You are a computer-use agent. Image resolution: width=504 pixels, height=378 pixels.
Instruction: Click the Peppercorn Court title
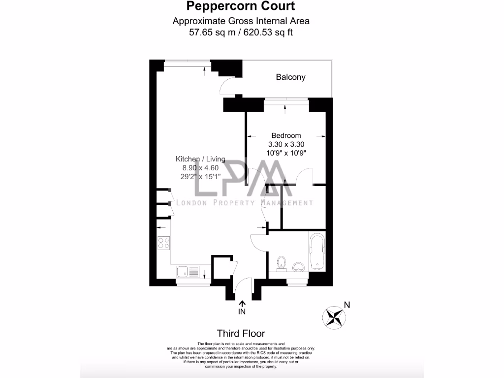pyautogui.click(x=241, y=6)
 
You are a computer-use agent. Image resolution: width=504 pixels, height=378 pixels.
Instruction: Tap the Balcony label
pyautogui.click(x=290, y=77)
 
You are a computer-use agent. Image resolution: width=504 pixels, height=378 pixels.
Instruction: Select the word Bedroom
pyautogui.click(x=286, y=135)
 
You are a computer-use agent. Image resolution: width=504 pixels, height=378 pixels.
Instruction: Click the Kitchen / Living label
pyautogui.click(x=200, y=159)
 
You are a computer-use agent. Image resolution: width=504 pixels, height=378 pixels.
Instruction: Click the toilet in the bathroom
pyautogui.click(x=282, y=263)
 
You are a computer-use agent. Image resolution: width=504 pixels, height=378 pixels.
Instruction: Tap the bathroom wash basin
pyautogui.click(x=298, y=267)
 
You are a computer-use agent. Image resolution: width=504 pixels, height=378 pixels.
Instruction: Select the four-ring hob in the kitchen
pyautogui.click(x=163, y=242)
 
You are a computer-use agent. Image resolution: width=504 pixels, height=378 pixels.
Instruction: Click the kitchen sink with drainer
pyautogui.click(x=188, y=271)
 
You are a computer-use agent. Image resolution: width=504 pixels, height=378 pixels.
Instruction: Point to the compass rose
pyautogui.click(x=333, y=315)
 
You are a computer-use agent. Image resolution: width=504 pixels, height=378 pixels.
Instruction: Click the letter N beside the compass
pyautogui.click(x=347, y=305)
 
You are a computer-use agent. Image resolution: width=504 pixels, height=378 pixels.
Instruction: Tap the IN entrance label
pyautogui.click(x=242, y=312)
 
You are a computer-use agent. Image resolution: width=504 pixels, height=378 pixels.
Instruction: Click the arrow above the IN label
pyautogui.click(x=242, y=304)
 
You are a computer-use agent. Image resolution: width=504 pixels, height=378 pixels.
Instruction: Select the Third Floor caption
pyautogui.click(x=241, y=333)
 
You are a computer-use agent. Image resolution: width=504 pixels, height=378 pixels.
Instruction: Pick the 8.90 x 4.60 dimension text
pyautogui.click(x=200, y=168)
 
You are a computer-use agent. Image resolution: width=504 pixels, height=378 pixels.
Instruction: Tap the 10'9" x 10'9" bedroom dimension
pyautogui.click(x=286, y=153)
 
